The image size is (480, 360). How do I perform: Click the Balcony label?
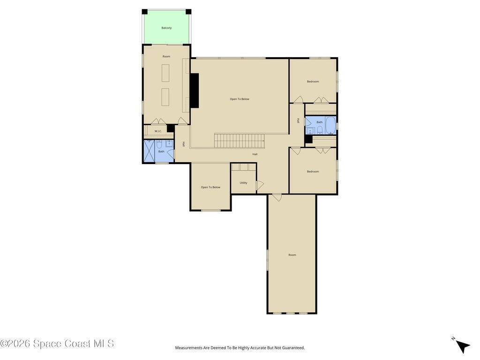pos(166,28)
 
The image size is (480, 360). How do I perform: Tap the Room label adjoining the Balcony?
pos(166,56)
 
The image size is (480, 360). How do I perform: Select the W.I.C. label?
pos(158,131)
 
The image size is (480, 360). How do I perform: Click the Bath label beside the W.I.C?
pos(161,151)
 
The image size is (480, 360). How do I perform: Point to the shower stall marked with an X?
pos(150,151)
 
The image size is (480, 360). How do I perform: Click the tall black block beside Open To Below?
pos(195,90)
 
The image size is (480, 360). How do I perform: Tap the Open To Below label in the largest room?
pos(240,99)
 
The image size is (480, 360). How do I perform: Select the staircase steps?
pos(239,141)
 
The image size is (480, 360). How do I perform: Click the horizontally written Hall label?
pos(255,154)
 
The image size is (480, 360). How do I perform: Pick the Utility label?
pos(243,183)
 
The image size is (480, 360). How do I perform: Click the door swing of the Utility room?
pos(260,185)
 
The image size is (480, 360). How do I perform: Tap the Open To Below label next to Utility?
pos(210,187)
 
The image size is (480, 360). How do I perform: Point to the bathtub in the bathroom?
pos(330,125)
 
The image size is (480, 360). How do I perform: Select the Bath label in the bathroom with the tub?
pos(320,122)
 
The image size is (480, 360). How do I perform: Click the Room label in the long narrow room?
pos(292,255)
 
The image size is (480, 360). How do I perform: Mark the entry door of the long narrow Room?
pos(277,197)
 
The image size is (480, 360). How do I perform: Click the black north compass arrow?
pos(463,346)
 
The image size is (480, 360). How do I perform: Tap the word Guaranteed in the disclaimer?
pos(293,348)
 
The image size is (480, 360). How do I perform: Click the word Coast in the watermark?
pos(75,344)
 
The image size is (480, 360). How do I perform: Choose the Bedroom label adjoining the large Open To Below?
pos(313,82)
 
